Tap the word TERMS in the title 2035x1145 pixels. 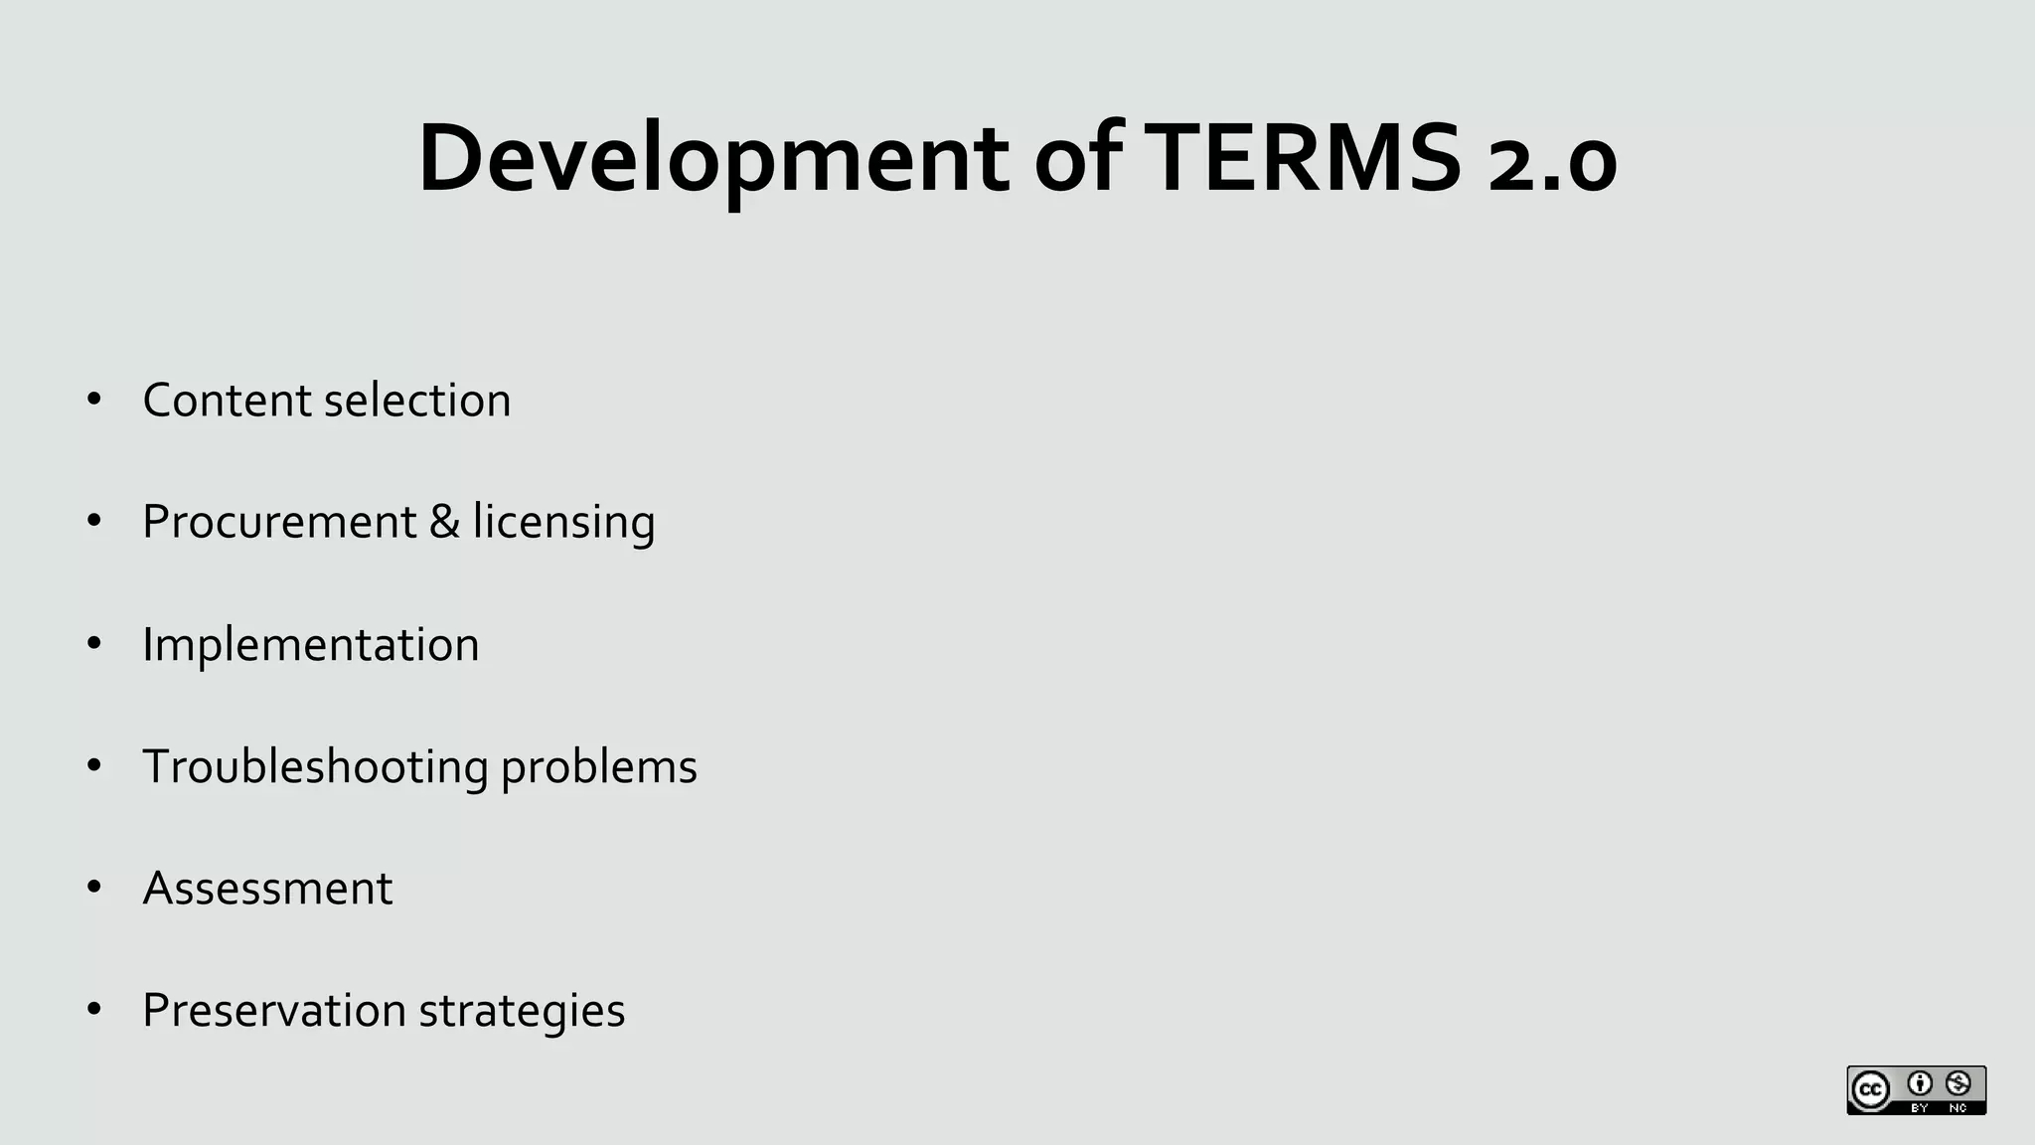[x=1303, y=159]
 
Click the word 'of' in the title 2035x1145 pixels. [x=1078, y=159]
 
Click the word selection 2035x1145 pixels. [x=417, y=401]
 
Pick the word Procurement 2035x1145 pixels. [x=279, y=522]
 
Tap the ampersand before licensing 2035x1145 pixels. [x=444, y=522]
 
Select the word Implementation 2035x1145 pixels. [x=311, y=645]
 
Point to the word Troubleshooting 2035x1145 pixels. [x=316, y=767]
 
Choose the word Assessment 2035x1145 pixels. [x=267, y=889]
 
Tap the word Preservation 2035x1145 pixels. [x=274, y=1011]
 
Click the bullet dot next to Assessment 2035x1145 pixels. [x=94, y=888]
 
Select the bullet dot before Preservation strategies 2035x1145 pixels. [x=94, y=1010]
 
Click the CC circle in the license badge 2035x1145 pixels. [x=1871, y=1090]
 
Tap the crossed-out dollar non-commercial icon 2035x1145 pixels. [x=1957, y=1082]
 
